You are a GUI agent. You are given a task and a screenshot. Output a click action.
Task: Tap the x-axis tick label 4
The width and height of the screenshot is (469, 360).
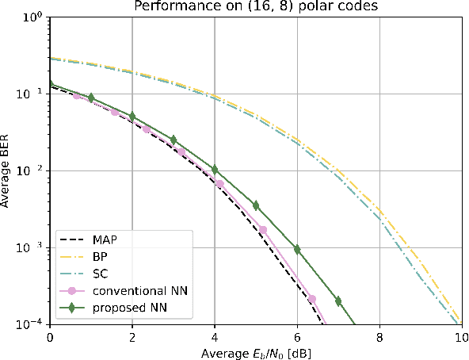215,337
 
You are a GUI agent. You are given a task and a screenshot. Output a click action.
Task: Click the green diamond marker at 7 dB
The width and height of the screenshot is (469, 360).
338,301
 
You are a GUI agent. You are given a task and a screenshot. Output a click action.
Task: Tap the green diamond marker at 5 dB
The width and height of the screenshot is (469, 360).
256,205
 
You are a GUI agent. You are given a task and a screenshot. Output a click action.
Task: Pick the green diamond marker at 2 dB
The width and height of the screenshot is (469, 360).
132,117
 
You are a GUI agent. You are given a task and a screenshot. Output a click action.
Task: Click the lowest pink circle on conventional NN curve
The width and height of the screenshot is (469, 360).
311,299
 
